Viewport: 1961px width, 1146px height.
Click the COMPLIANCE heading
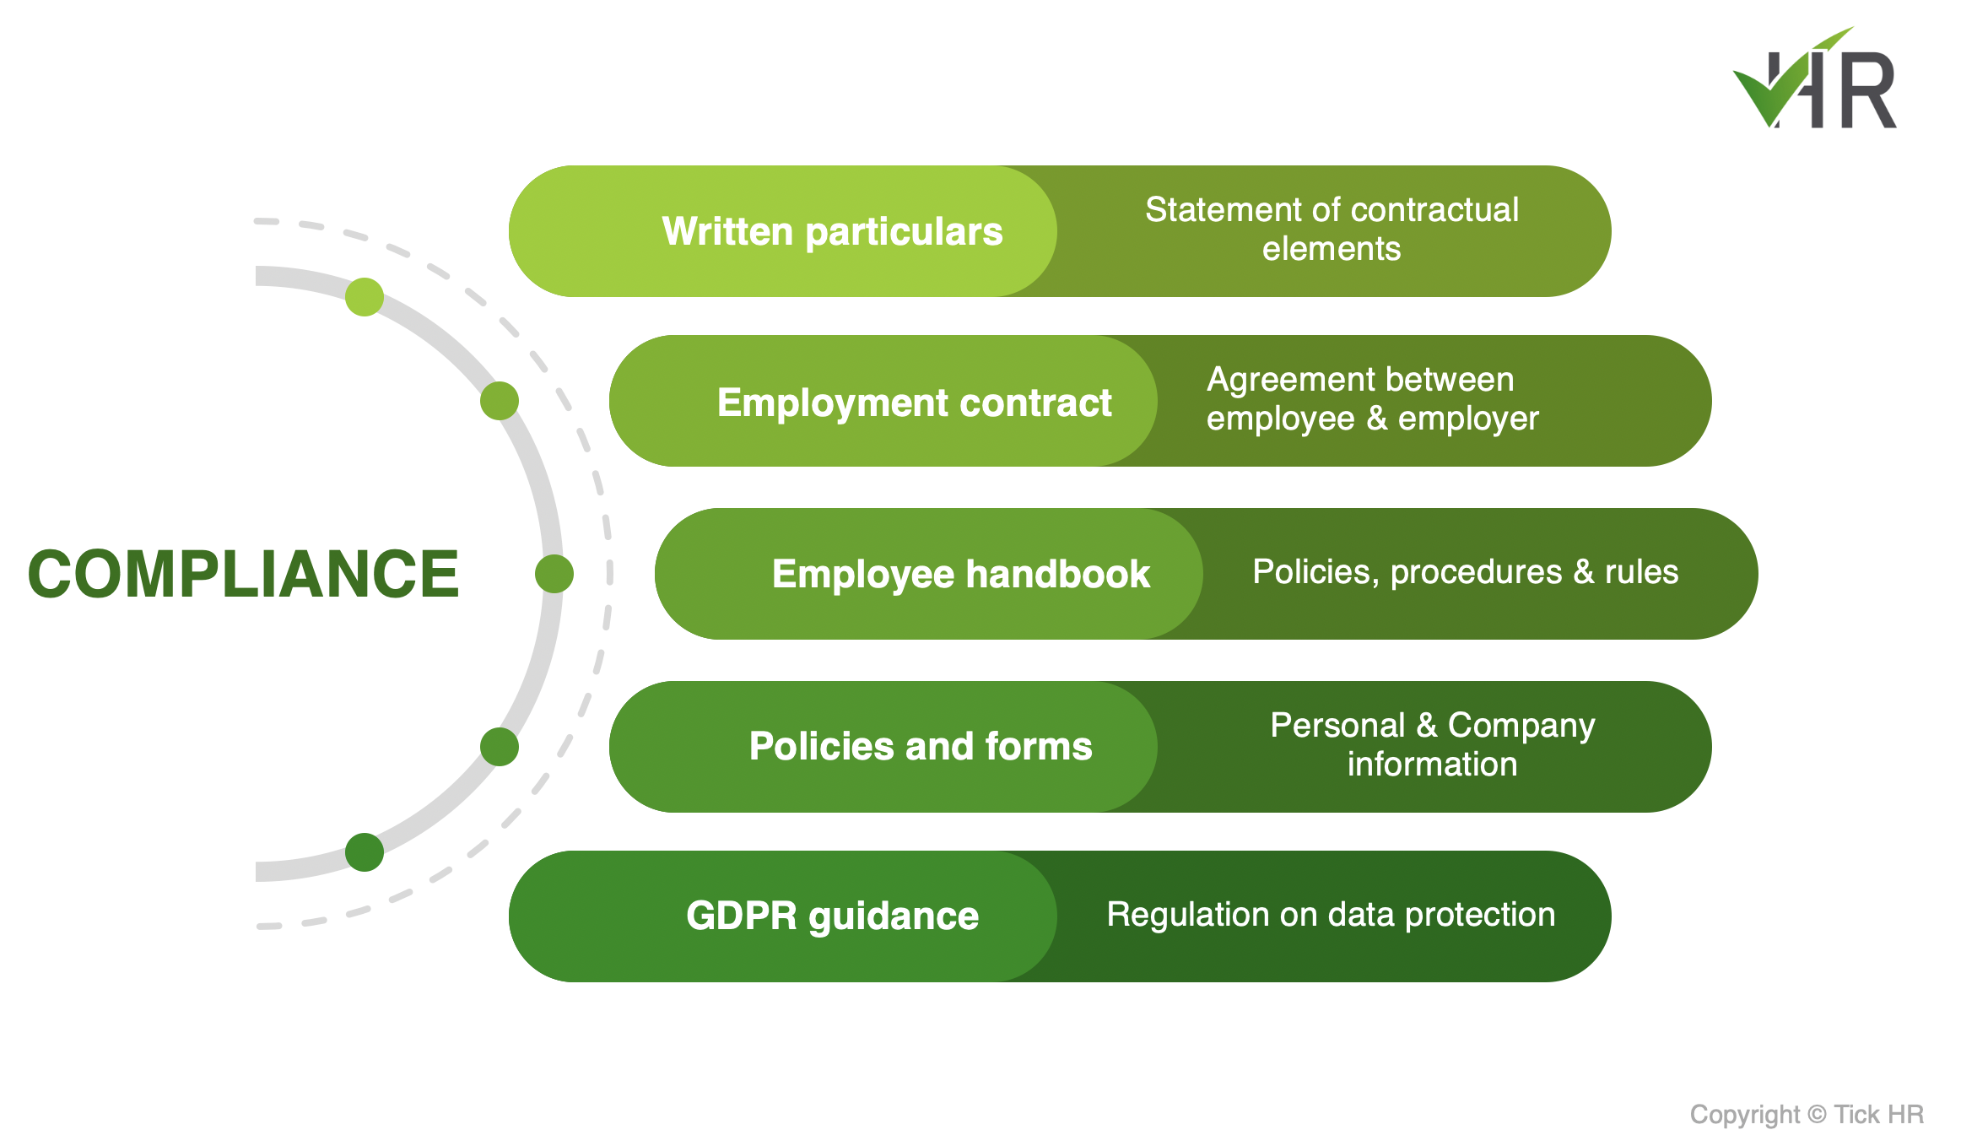(x=244, y=574)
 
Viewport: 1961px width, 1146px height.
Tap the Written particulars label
(x=832, y=231)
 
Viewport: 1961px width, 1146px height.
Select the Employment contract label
(x=914, y=403)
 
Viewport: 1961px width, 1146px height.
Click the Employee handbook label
(x=960, y=575)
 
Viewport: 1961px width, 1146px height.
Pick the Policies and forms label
(x=921, y=746)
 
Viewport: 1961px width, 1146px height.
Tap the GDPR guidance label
(x=832, y=916)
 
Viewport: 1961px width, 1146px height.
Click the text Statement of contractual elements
(x=1332, y=229)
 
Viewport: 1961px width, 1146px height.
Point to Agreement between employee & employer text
(x=1373, y=399)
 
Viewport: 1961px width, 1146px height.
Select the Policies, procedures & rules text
(x=1466, y=572)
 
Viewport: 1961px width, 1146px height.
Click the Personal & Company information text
(x=1433, y=744)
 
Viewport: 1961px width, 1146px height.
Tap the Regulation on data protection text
(x=1331, y=915)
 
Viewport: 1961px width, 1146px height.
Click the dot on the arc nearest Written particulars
(x=365, y=297)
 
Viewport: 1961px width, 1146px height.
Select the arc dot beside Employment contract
(x=500, y=401)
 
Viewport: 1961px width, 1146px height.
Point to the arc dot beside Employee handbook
(x=554, y=574)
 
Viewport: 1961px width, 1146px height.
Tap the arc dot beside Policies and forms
(x=500, y=747)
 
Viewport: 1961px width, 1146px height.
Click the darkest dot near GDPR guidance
(x=365, y=852)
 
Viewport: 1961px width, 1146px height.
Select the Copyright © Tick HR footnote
(x=1807, y=1115)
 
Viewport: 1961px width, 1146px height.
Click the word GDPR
(x=741, y=916)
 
